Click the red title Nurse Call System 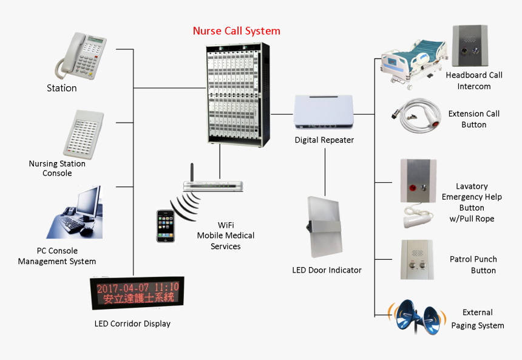click(x=236, y=31)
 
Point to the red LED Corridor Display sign click(x=138, y=293)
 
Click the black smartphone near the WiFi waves click(x=165, y=226)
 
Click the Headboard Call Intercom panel click(x=469, y=46)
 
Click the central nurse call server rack click(x=235, y=93)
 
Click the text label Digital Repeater click(x=324, y=140)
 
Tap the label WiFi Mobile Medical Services click(x=226, y=236)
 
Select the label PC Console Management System click(x=57, y=256)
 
